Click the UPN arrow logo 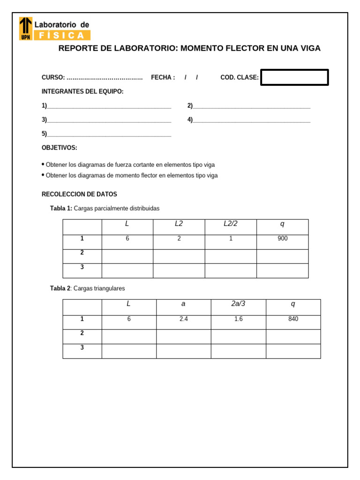click(x=26, y=28)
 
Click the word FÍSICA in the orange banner click(x=61, y=35)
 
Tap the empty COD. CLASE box click(x=294, y=77)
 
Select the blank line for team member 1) click(x=109, y=106)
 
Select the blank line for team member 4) click(x=251, y=120)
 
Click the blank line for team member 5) click(x=109, y=135)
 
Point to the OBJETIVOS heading click(x=60, y=148)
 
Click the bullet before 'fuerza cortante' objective click(x=43, y=165)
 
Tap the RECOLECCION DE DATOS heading click(x=79, y=194)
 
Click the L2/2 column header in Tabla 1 click(x=231, y=224)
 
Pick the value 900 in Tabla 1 click(x=282, y=239)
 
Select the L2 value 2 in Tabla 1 click(x=179, y=239)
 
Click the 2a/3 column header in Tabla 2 click(x=238, y=304)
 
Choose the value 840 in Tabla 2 click(x=293, y=319)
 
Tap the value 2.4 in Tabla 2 click(x=183, y=319)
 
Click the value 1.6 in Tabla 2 click(x=238, y=319)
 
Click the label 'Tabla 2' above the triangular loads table click(x=60, y=288)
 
